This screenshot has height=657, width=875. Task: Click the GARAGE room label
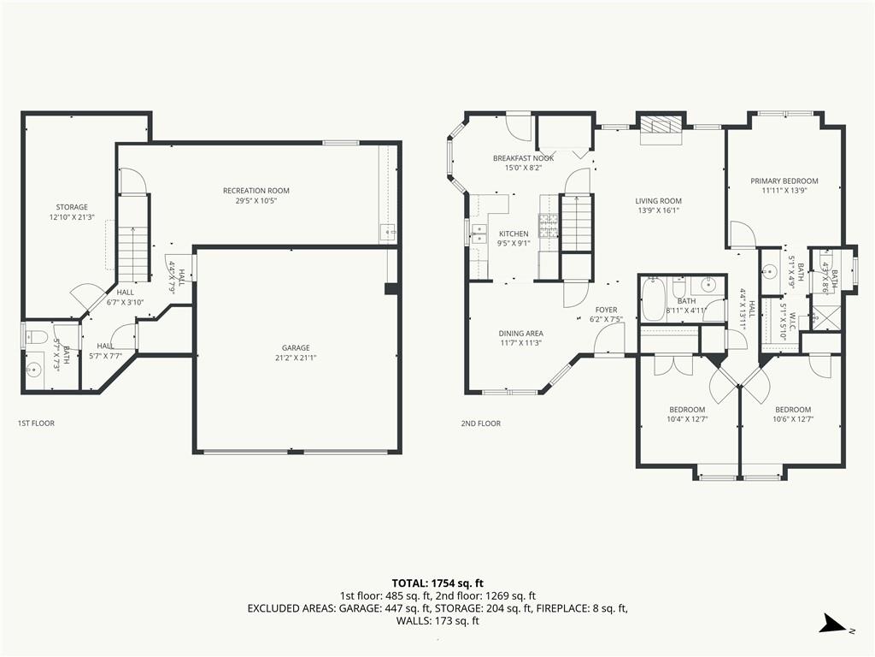point(295,347)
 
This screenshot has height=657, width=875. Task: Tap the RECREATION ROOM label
point(256,191)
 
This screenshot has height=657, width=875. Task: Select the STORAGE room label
point(72,207)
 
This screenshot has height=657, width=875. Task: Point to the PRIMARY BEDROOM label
point(784,181)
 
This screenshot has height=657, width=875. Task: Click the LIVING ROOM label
point(659,201)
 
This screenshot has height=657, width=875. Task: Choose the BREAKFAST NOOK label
point(524,158)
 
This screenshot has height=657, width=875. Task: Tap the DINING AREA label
point(520,334)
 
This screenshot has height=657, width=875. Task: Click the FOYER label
point(606,310)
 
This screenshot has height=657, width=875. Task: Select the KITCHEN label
point(514,234)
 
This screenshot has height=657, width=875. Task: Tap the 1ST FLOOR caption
point(36,423)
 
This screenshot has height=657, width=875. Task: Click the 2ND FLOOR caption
point(480,423)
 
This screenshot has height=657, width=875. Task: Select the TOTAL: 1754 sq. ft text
point(437,583)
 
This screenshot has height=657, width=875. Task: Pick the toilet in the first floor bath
point(36,336)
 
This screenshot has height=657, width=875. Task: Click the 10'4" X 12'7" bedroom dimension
point(687,419)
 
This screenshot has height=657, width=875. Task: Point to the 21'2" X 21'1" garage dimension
point(295,358)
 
